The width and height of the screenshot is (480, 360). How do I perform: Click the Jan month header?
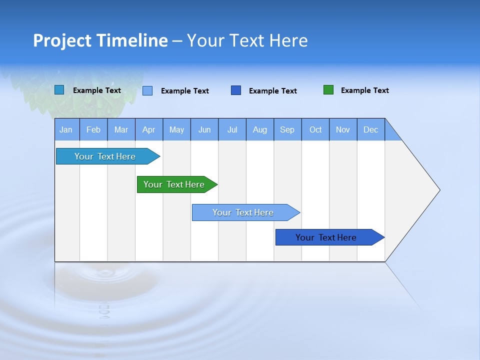(66, 129)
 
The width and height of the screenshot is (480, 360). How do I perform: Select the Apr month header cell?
(149, 129)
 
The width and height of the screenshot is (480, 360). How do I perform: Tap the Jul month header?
(232, 129)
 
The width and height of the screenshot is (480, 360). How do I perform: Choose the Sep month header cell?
(287, 129)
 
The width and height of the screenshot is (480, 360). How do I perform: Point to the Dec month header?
(370, 129)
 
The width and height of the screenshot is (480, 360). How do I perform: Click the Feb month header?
(93, 129)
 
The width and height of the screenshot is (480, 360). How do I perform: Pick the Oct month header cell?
(315, 129)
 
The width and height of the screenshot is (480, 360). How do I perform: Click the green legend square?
(328, 90)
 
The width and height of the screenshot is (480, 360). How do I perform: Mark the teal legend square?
(59, 90)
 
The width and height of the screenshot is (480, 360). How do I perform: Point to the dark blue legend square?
(236, 90)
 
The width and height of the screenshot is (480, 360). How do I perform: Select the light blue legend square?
(147, 90)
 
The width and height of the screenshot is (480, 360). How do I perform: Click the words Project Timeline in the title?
(100, 40)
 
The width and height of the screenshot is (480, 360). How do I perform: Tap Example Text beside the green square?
(364, 90)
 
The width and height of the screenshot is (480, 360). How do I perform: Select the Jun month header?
(204, 129)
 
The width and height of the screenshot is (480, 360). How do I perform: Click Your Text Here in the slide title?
(247, 40)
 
